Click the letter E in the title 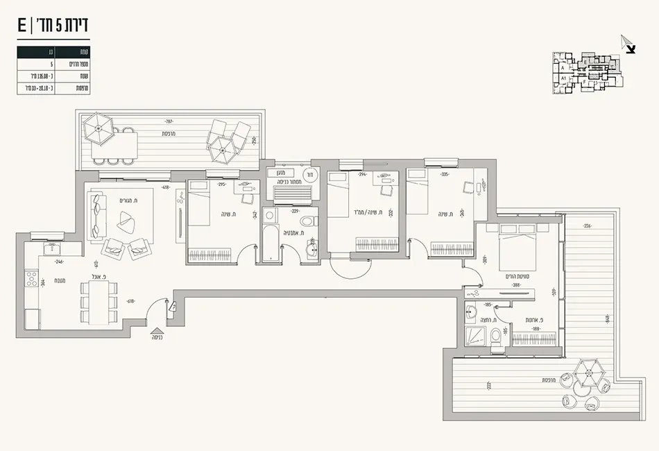pyautogui.click(x=23, y=26)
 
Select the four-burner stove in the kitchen pyautogui.click(x=32, y=280)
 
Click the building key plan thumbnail pyautogui.click(x=587, y=71)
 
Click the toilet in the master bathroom pyautogui.click(x=497, y=337)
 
